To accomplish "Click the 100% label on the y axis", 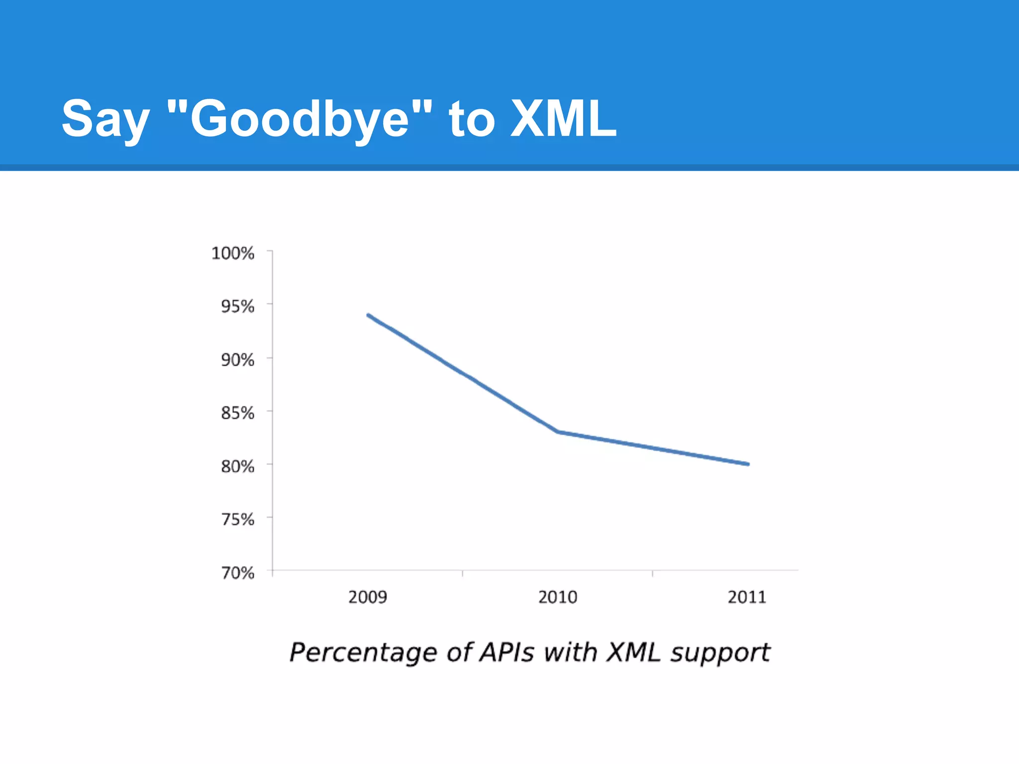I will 233,253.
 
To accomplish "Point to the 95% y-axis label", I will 237,306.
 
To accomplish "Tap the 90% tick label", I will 237,360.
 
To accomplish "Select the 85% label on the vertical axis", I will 237,413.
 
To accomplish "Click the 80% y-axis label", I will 237,467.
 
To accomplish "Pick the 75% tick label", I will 237,520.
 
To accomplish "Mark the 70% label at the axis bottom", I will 237,573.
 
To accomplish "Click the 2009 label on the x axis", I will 368,597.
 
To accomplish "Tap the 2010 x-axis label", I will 558,597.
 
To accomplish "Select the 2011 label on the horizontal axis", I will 747,597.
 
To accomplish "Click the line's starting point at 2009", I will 368,315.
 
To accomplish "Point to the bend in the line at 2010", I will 558,432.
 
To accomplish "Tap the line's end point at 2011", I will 748,464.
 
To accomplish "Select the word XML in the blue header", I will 564,118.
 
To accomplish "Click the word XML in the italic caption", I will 633,652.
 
